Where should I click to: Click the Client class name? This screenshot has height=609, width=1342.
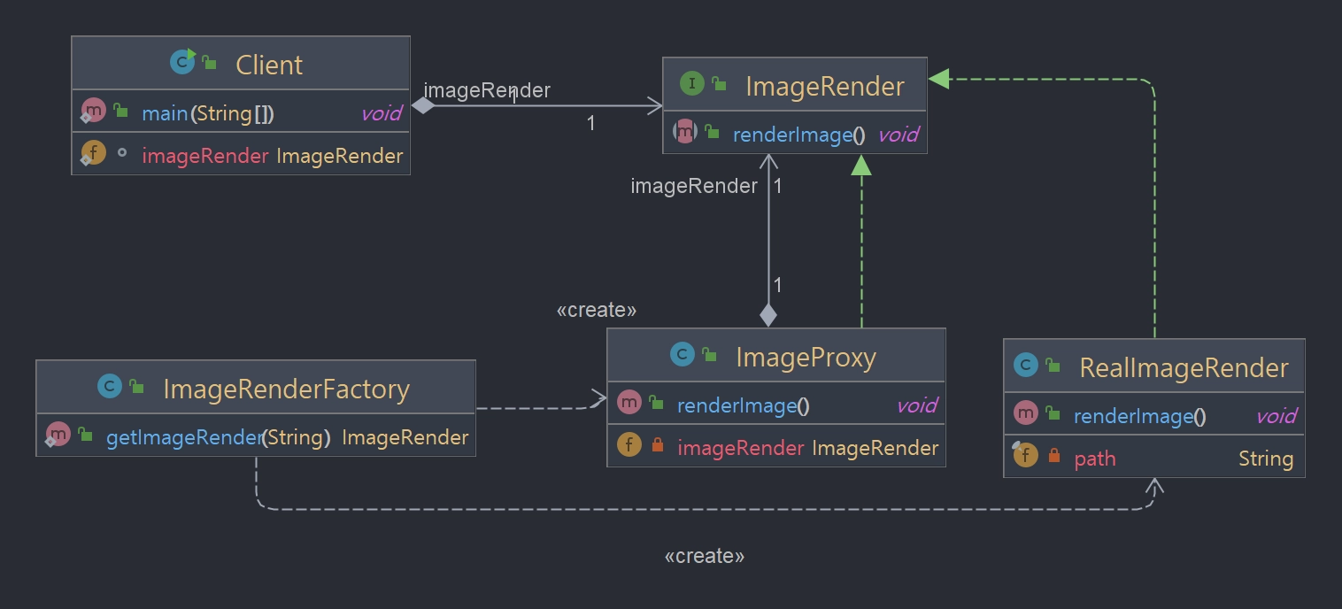click(x=269, y=65)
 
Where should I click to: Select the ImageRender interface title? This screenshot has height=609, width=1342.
click(x=824, y=86)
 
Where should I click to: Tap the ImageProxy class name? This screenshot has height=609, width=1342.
click(x=806, y=358)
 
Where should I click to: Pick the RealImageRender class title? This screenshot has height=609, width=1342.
click(x=1184, y=367)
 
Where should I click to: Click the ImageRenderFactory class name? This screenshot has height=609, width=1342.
click(x=287, y=389)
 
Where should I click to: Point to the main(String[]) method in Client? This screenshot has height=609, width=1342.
click(x=208, y=113)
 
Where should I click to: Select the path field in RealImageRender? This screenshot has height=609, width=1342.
click(x=1094, y=459)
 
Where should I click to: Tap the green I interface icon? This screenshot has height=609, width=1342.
click(x=692, y=82)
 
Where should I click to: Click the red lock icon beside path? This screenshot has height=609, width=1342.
click(x=1053, y=456)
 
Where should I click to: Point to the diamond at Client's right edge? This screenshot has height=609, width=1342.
click(x=423, y=105)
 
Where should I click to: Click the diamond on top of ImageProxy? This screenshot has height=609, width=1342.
click(x=768, y=316)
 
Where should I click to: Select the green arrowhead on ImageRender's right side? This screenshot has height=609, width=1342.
click(x=939, y=79)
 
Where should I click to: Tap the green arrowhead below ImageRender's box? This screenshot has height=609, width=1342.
click(x=861, y=166)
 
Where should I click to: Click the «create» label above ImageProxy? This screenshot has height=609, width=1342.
click(x=596, y=310)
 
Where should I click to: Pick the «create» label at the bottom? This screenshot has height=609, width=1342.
click(x=704, y=556)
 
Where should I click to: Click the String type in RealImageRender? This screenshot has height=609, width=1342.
click(x=1265, y=459)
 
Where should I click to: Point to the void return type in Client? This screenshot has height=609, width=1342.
click(x=381, y=113)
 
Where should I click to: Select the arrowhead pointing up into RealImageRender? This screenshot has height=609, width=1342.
click(x=1154, y=486)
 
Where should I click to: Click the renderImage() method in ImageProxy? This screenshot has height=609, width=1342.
click(x=743, y=406)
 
